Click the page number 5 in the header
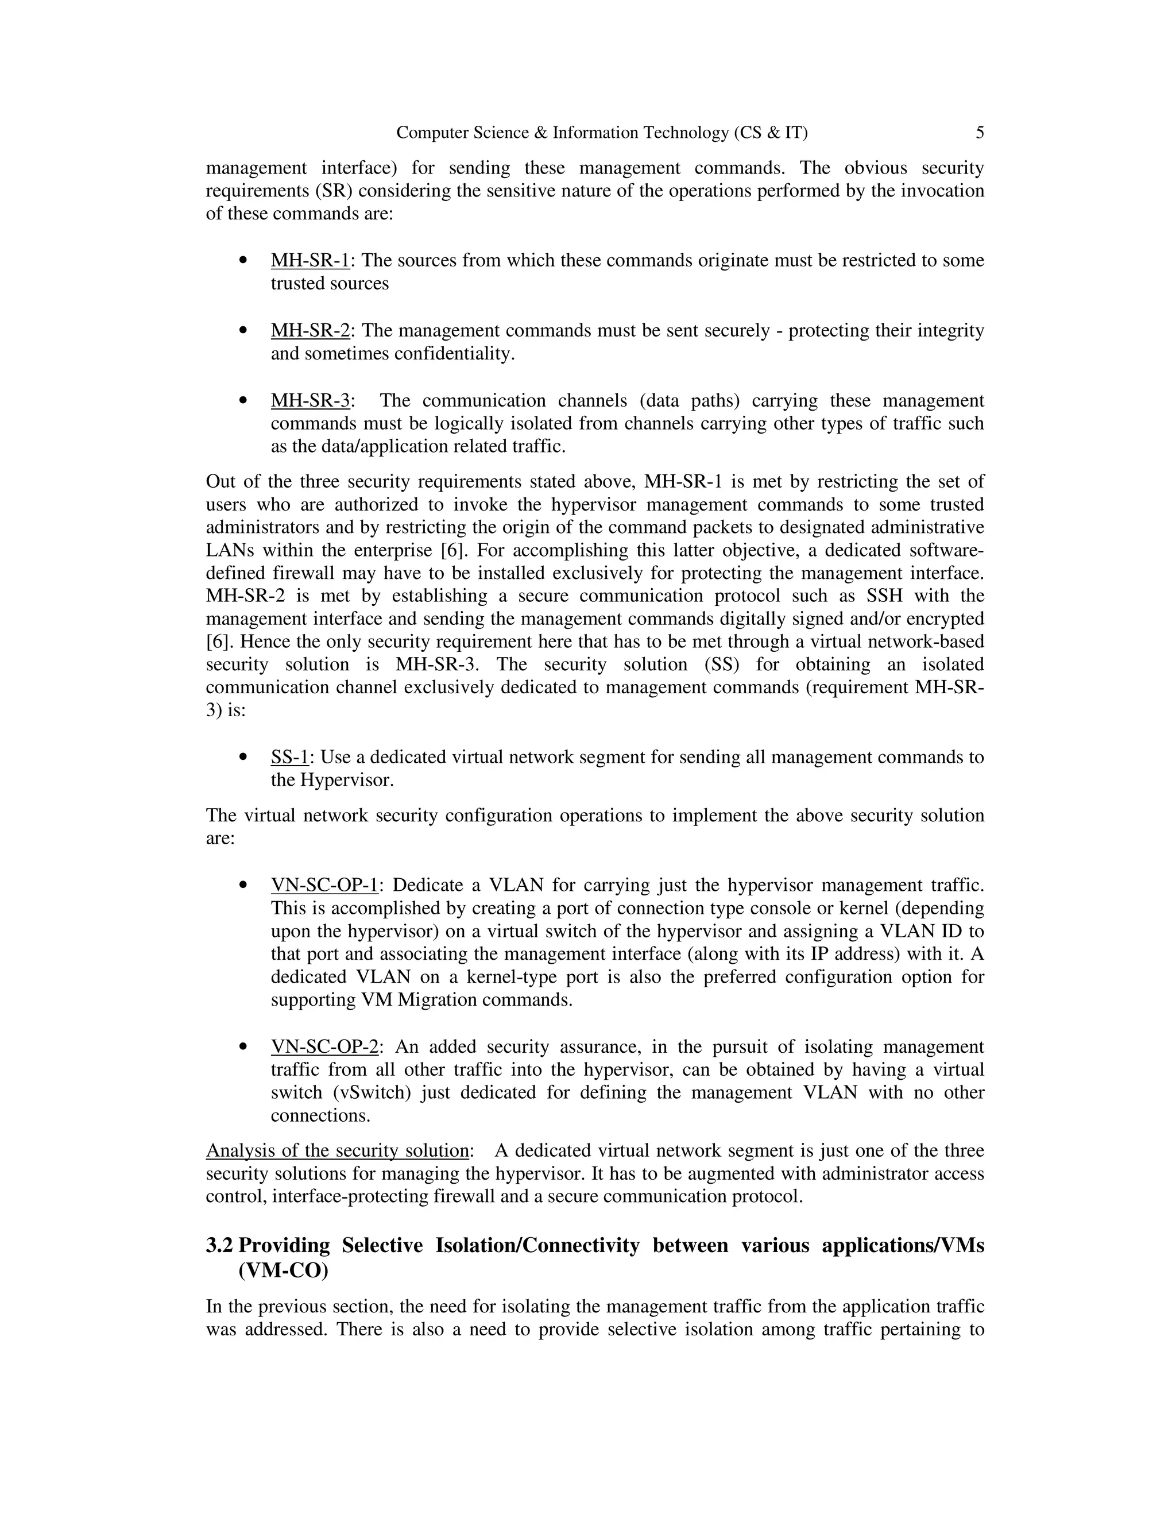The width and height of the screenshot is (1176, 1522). click(980, 133)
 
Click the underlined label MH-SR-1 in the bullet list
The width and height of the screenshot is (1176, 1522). click(310, 261)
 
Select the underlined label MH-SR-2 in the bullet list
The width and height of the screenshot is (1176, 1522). click(310, 331)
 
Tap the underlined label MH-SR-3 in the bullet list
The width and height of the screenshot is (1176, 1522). click(310, 401)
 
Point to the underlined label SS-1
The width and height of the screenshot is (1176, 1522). click(289, 757)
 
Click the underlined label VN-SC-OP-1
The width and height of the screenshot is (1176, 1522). click(324, 885)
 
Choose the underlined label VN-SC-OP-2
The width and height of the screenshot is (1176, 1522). click(324, 1046)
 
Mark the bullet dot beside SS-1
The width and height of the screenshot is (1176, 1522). click(243, 757)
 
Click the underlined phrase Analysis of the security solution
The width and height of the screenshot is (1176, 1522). click(337, 1150)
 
